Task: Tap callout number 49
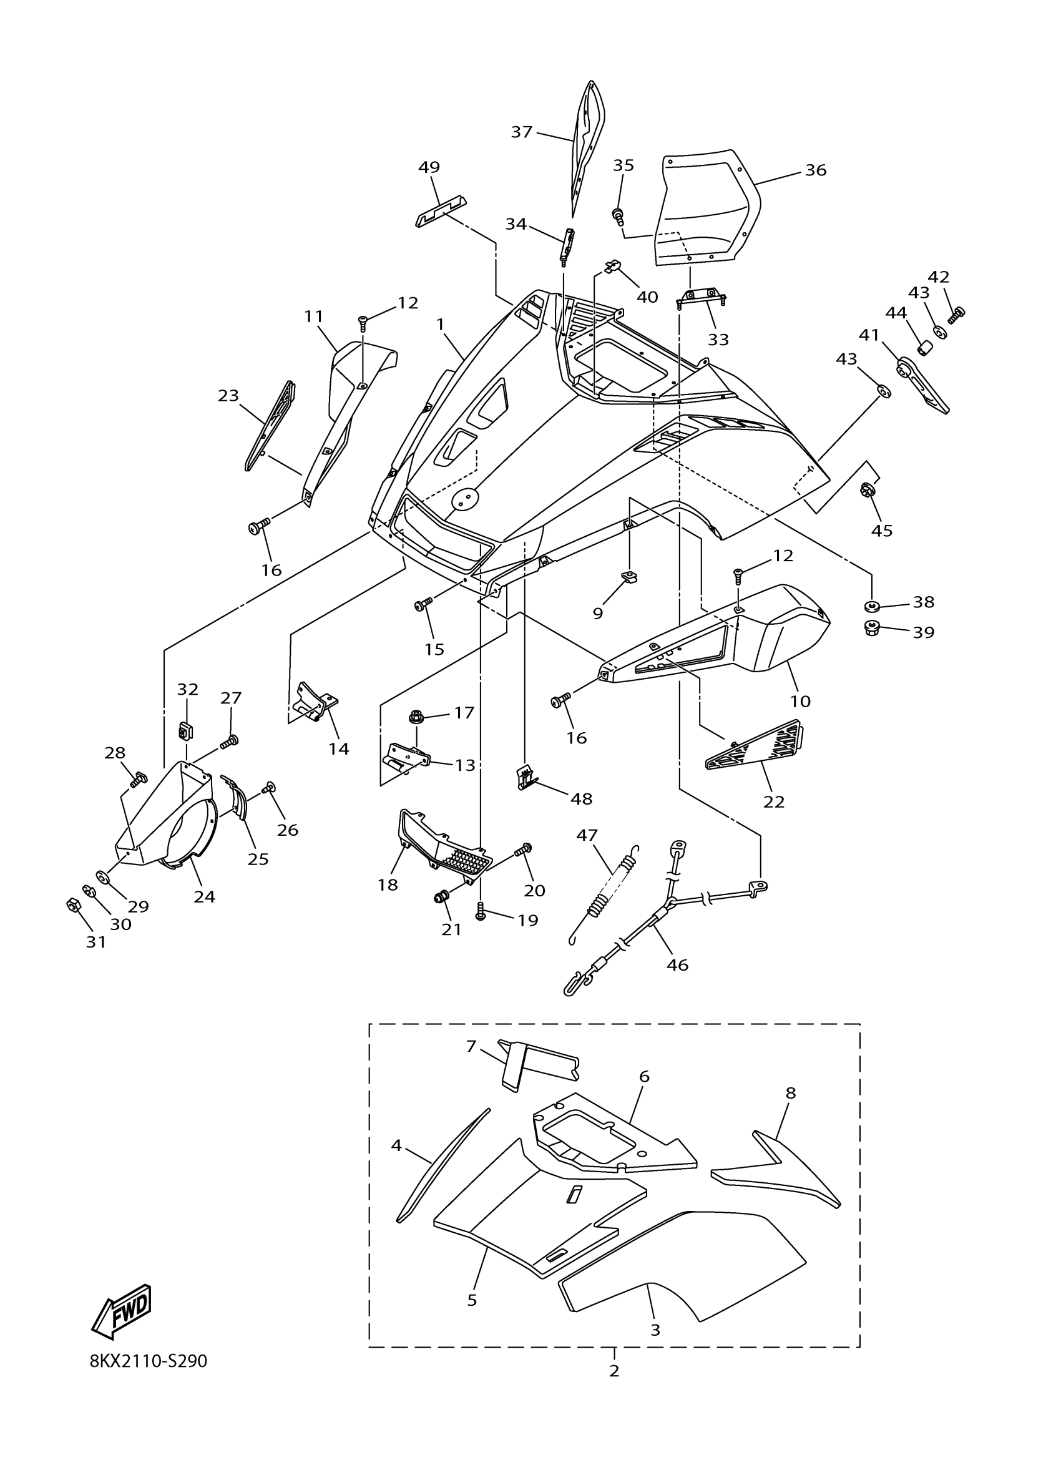click(x=429, y=167)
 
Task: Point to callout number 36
click(x=816, y=170)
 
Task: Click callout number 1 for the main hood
click(x=441, y=324)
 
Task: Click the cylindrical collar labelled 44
click(x=927, y=350)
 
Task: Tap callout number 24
click(x=204, y=896)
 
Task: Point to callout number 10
click(x=800, y=701)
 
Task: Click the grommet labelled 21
click(x=442, y=896)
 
